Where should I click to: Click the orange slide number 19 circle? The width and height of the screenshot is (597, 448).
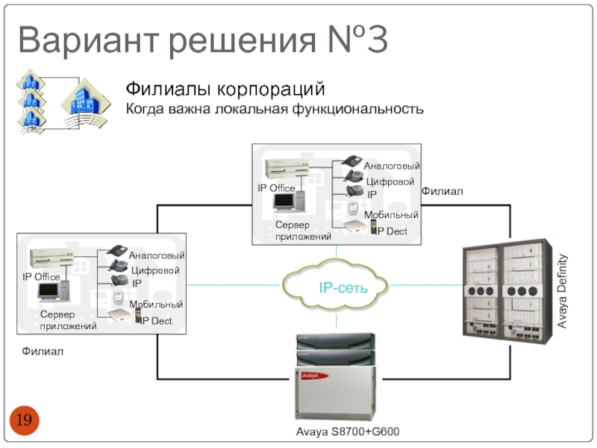pos(24,420)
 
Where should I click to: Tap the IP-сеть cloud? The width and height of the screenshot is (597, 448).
pos(335,284)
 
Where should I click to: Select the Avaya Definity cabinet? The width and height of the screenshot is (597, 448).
pos(507,292)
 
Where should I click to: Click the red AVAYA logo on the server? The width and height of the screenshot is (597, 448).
pos(314,376)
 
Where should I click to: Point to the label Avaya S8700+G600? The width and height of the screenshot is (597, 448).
pos(348,432)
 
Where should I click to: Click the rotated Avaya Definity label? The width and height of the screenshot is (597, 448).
pos(562,291)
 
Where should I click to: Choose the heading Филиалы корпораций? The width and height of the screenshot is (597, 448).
pos(225,89)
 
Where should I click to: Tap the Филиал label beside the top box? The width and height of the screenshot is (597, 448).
pos(442,191)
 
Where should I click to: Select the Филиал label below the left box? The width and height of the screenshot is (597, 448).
pos(43,351)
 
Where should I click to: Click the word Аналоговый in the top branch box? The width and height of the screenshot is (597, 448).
pos(392,166)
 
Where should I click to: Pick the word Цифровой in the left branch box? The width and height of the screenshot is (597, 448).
pos(155,271)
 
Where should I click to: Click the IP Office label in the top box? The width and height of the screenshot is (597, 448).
pos(276,188)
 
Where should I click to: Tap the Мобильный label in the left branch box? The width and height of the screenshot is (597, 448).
pos(156,305)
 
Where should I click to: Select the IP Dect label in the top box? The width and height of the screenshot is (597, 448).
pos(391,231)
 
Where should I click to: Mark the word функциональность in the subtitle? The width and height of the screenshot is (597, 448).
pos(357,109)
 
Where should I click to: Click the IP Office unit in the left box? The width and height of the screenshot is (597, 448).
pos(51,257)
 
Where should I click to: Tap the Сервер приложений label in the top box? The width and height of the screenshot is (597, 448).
pos(303,231)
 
